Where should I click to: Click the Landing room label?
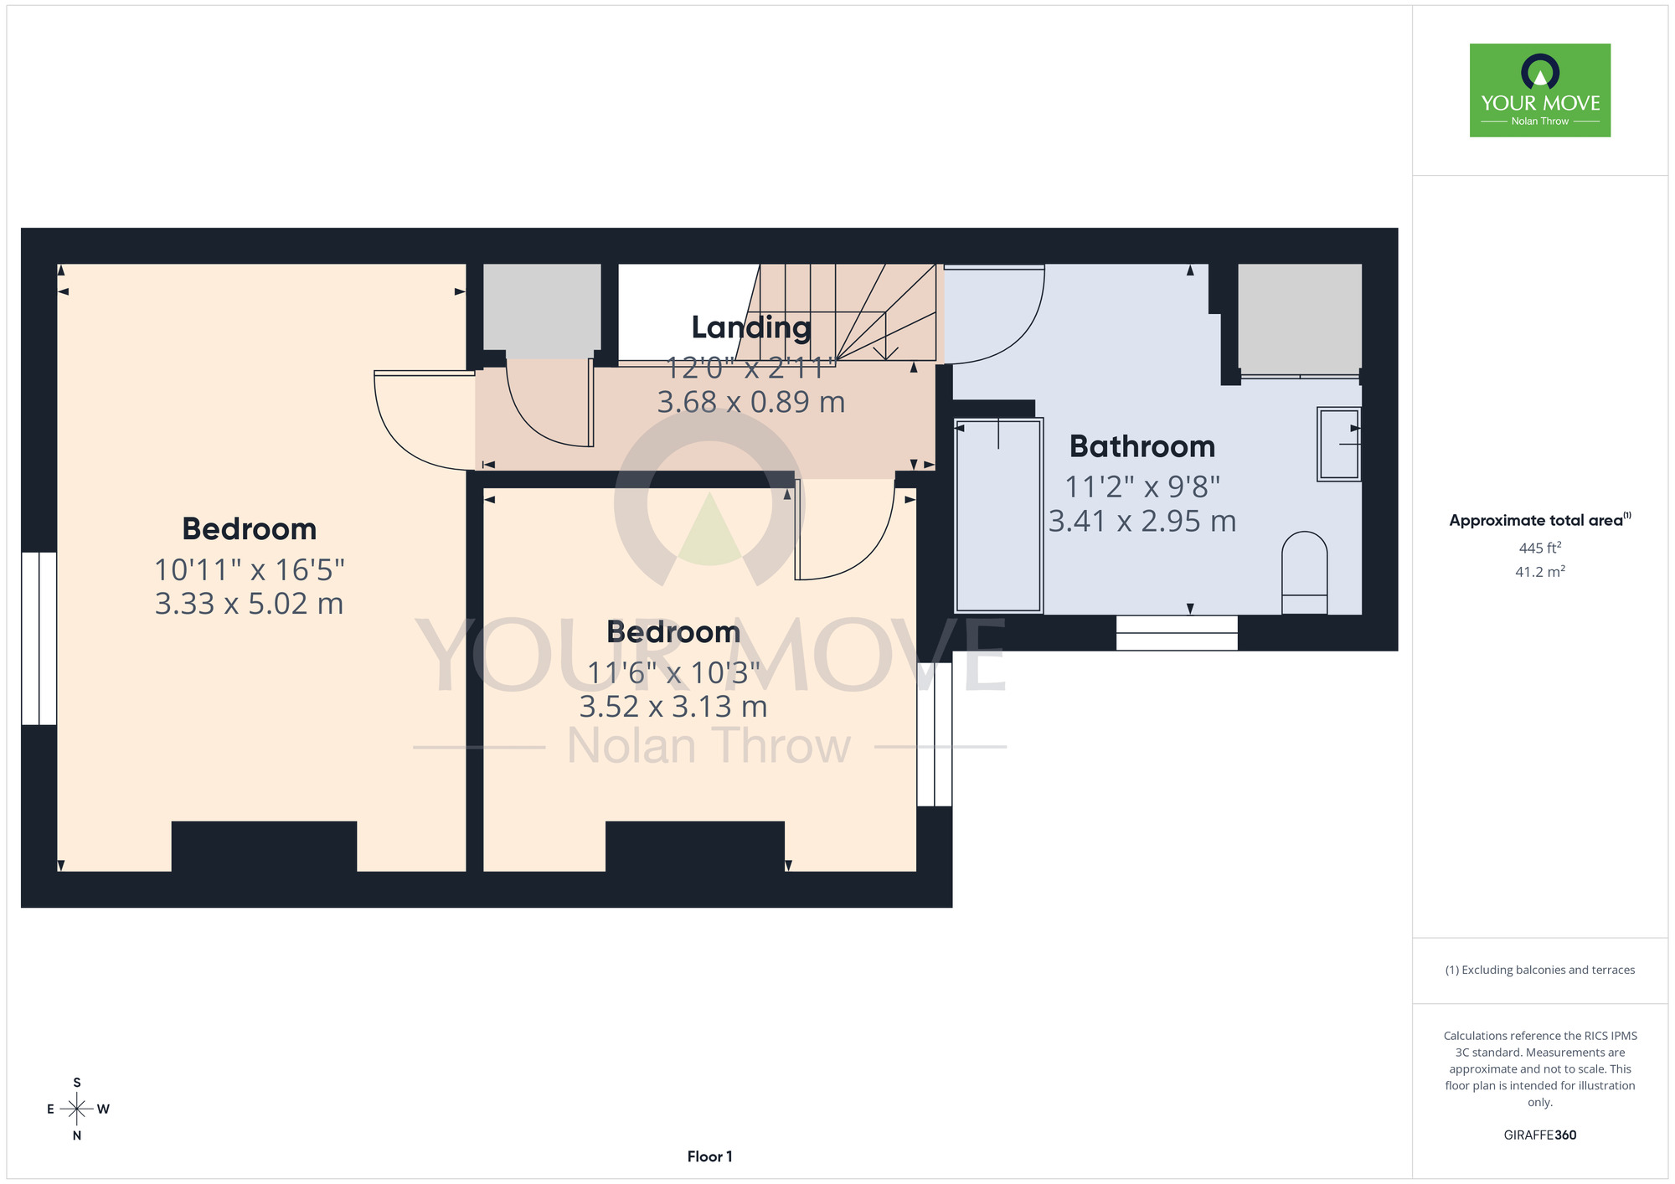click(x=751, y=328)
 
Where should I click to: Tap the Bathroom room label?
click(x=1142, y=446)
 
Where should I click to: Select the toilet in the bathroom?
click(x=1305, y=573)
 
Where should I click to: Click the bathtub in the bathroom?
click(x=998, y=516)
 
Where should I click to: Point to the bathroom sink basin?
click(x=1339, y=444)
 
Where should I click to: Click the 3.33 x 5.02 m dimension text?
click(x=250, y=604)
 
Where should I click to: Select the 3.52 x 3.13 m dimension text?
click(x=673, y=707)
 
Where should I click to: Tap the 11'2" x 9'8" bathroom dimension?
click(x=1142, y=486)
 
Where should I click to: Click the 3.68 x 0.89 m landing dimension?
click(x=751, y=403)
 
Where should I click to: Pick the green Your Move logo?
click(x=1540, y=90)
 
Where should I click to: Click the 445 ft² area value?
click(x=1540, y=548)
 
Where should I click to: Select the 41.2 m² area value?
click(x=1540, y=572)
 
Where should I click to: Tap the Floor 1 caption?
click(x=709, y=1156)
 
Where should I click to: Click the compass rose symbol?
click(x=77, y=1109)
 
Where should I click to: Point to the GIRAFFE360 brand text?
click(x=1540, y=1135)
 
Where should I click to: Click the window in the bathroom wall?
click(x=1177, y=633)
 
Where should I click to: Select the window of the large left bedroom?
click(x=39, y=638)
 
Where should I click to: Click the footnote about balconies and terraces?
click(x=1540, y=970)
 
